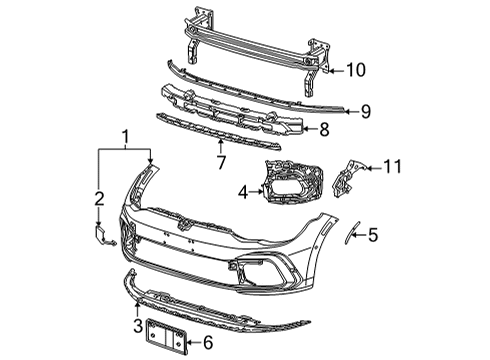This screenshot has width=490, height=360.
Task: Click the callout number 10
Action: (x=356, y=70)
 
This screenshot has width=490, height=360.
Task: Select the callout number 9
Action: (x=366, y=111)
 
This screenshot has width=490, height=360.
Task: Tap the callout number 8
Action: (x=324, y=129)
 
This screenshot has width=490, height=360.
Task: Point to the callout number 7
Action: (x=221, y=162)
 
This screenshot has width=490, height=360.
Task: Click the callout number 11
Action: (x=393, y=166)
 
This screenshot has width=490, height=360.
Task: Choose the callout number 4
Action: (x=243, y=192)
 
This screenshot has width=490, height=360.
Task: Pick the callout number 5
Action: (x=373, y=235)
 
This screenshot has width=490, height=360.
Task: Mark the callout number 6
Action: (x=208, y=343)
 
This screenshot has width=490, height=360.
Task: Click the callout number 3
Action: (x=138, y=326)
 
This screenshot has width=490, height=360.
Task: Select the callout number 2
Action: (x=99, y=199)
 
